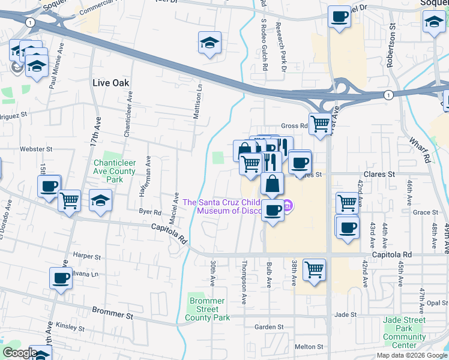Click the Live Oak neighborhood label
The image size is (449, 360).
(x=111, y=82)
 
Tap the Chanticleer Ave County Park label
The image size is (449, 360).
(x=115, y=171)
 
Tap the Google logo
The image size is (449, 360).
(x=19, y=353)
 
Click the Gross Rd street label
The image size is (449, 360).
(x=295, y=127)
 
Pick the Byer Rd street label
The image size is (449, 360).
(x=150, y=212)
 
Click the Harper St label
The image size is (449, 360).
(x=86, y=256)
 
